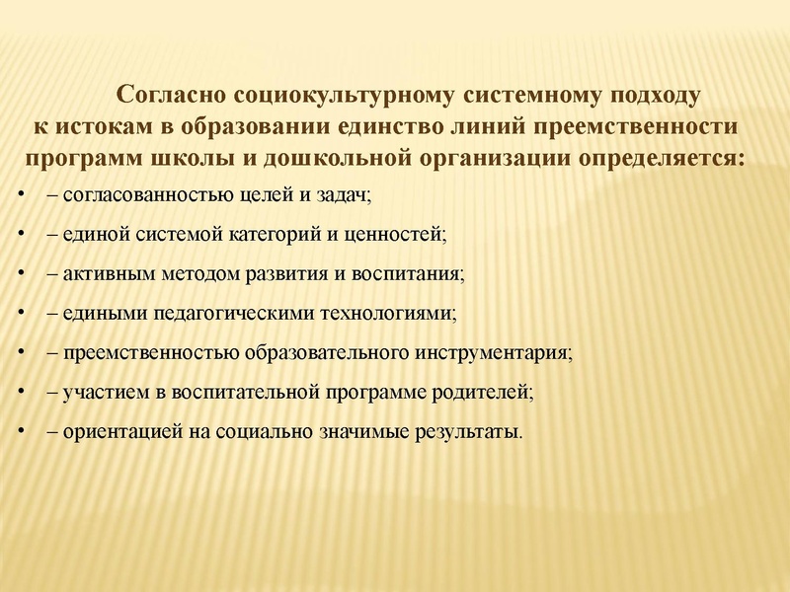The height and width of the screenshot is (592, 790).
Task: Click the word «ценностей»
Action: click(x=398, y=235)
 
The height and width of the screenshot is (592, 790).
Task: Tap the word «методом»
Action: click(x=189, y=274)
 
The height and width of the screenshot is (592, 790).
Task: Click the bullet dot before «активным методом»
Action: click(x=23, y=274)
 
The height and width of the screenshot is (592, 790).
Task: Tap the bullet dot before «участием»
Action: click(x=23, y=393)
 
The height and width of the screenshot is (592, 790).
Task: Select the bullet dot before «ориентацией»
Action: click(x=23, y=432)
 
